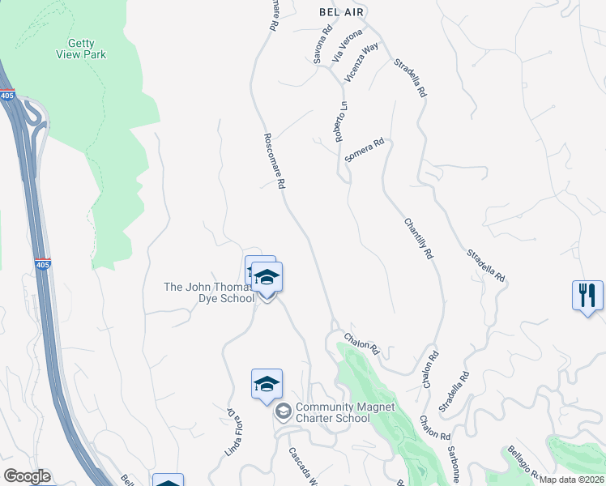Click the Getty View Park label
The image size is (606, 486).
(81, 49)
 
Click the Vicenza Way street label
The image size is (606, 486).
(361, 62)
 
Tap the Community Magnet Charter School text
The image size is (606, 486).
(332, 412)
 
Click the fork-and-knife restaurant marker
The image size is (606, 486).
(587, 294)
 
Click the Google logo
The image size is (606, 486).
(28, 476)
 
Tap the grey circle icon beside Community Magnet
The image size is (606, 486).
(283, 412)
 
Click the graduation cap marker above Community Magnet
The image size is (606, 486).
(266, 384)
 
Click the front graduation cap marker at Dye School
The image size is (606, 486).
(267, 278)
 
